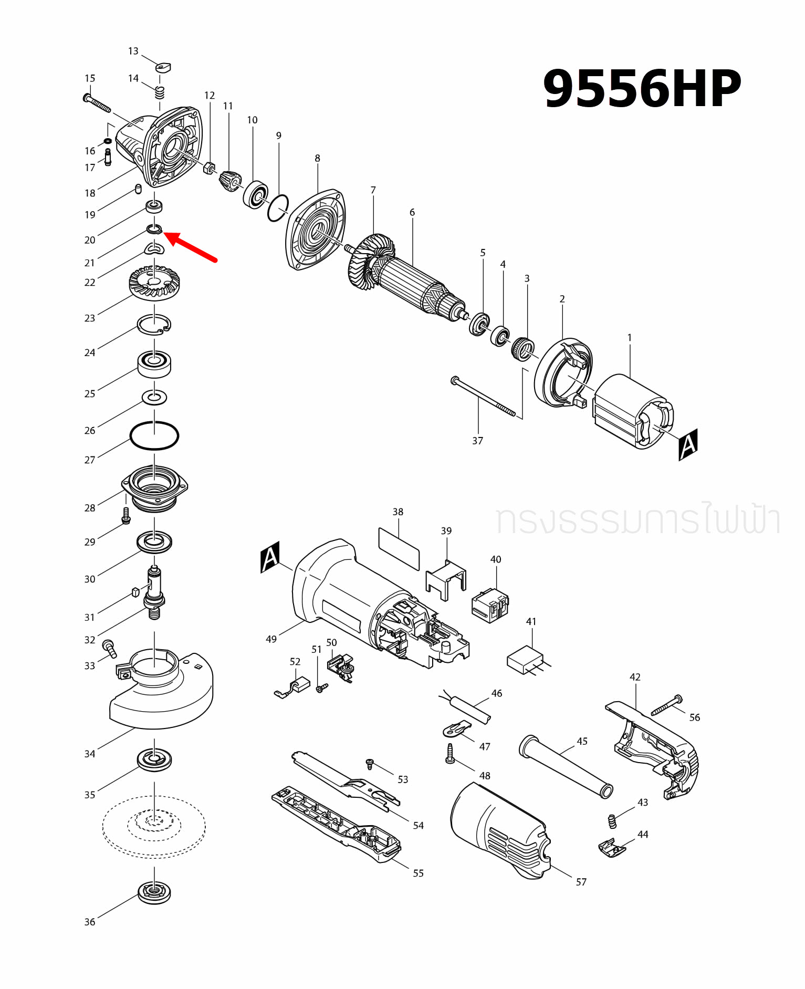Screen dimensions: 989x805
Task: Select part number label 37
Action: click(477, 441)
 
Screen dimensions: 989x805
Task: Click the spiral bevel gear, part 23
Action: click(154, 284)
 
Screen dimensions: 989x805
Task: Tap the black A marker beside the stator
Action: click(687, 444)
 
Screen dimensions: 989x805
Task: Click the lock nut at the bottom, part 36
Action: click(154, 892)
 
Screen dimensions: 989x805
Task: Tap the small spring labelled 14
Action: click(160, 92)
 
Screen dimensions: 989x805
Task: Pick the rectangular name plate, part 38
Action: click(399, 549)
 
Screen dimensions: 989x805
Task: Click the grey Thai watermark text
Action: click(637, 519)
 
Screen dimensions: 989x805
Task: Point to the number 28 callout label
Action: click(90, 508)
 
